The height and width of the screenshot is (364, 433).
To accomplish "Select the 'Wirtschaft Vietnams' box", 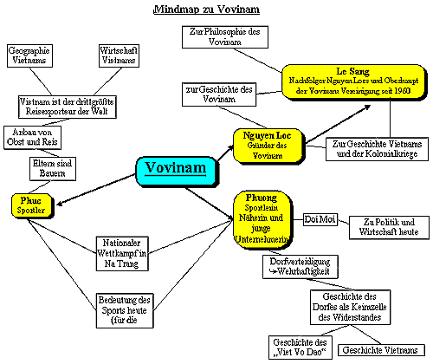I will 119,56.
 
